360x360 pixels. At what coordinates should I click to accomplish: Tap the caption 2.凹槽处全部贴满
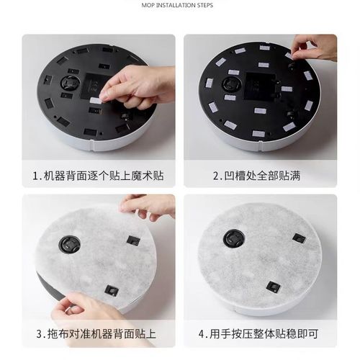pos(260,176)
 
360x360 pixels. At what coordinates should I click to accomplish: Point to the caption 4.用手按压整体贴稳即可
pos(260,333)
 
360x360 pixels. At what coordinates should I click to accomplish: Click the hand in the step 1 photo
pos(140,84)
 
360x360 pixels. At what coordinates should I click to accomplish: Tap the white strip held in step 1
pos(94,102)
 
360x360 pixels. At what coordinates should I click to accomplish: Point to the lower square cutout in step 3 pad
pos(111,289)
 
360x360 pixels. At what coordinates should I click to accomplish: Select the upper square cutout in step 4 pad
pos(298,238)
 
